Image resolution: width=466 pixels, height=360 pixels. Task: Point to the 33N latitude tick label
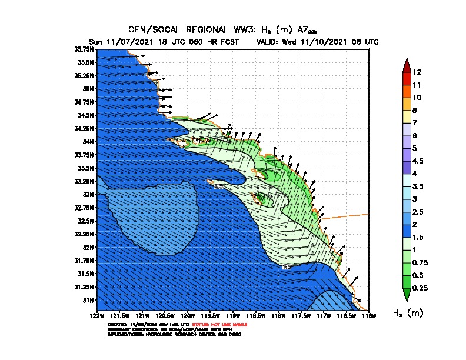point(89,194)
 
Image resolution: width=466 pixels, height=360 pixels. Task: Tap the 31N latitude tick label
point(89,300)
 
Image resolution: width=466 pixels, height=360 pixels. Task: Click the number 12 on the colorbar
point(417,72)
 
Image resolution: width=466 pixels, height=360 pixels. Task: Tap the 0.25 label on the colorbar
point(420,288)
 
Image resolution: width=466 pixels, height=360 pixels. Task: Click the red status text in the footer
point(226,325)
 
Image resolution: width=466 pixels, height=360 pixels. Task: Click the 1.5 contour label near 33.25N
point(218,186)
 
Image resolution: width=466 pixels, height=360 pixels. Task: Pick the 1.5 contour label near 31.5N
point(287,267)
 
